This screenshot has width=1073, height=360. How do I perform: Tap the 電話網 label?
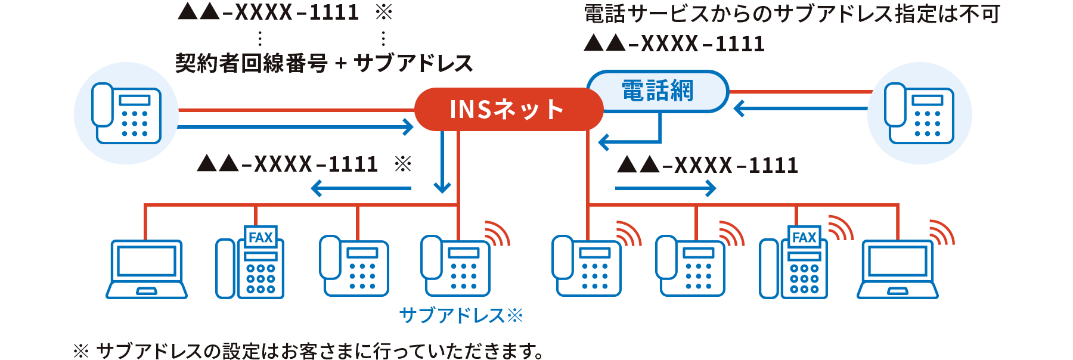[658, 91]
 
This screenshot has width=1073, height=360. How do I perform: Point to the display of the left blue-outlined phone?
[135, 100]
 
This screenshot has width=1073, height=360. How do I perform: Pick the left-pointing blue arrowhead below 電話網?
[604, 143]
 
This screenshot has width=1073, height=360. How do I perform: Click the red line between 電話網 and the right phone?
[799, 92]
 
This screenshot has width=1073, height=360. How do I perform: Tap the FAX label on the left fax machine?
[261, 237]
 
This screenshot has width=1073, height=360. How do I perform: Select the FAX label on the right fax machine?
[804, 237]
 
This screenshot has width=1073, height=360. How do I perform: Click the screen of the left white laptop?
[147, 261]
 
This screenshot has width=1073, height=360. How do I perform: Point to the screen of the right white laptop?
[898, 261]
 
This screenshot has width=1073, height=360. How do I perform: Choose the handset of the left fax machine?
[225, 268]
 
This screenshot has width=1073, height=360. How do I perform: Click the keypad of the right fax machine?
[804, 278]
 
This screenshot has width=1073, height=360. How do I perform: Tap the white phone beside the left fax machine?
[354, 266]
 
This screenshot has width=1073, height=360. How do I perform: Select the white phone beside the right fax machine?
[690, 266]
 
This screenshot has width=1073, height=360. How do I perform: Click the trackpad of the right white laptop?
[898, 291]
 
